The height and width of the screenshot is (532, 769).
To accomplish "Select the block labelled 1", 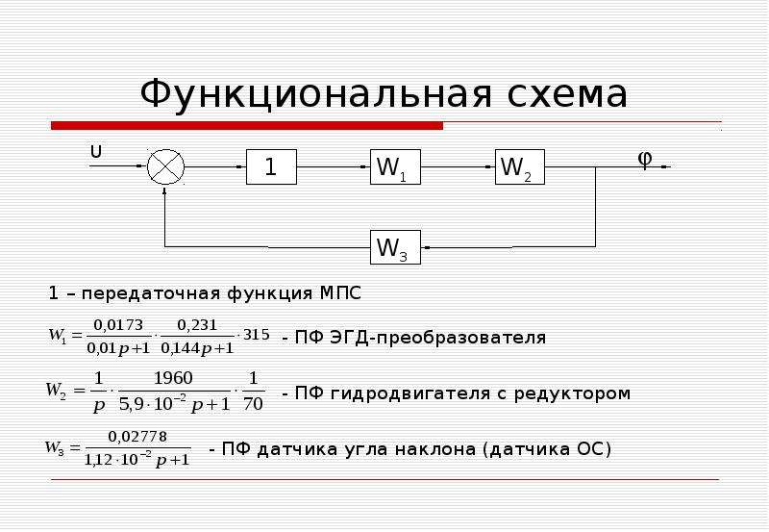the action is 271,166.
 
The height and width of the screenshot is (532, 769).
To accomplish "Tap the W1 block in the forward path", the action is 395,166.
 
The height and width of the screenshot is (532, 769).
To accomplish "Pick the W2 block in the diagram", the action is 520,166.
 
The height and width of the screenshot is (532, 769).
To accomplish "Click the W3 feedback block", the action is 395,247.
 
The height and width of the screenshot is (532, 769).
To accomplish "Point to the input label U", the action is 96,152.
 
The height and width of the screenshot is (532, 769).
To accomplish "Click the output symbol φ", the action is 645,159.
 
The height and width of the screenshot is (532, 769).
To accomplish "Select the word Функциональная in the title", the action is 315,94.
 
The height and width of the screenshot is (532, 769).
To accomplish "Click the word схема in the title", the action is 567,94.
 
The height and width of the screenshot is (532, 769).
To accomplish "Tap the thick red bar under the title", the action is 247,126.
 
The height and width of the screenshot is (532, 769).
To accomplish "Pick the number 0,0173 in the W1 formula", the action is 118,325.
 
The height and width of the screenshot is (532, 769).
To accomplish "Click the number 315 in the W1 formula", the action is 257,335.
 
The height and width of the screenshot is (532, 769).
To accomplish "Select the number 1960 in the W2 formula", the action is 173,378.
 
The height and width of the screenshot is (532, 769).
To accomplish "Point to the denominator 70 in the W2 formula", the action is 253,404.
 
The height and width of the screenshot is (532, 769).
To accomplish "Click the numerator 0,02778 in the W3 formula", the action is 137,437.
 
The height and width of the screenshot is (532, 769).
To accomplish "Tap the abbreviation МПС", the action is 340,293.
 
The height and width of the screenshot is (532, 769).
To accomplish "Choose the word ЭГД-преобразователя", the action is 438,338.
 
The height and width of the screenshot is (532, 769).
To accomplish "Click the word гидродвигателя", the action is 410,393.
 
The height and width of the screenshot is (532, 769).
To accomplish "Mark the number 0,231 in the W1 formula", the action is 197,325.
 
